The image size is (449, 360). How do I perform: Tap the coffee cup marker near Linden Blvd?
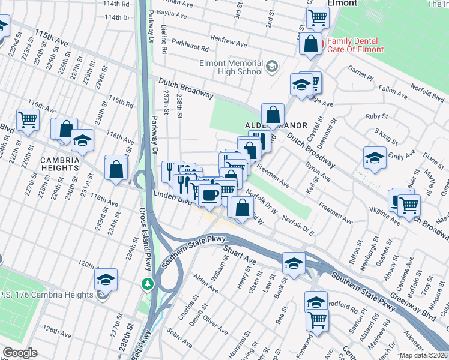tap(209, 194)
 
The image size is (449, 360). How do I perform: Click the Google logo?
tap(20, 353)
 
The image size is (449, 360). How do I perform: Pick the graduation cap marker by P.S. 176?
tap(106, 280)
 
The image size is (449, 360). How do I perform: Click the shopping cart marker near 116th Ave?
tap(28, 119)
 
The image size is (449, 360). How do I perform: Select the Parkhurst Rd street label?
tap(190, 45)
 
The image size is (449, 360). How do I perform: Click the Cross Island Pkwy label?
tap(145, 240)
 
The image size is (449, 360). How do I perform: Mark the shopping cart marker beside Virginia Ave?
tap(409, 206)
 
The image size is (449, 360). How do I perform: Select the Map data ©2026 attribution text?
tap(423, 355)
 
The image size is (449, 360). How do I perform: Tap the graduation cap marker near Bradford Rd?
tap(316, 303)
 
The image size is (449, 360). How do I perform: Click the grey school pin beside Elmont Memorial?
tap(272, 65)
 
